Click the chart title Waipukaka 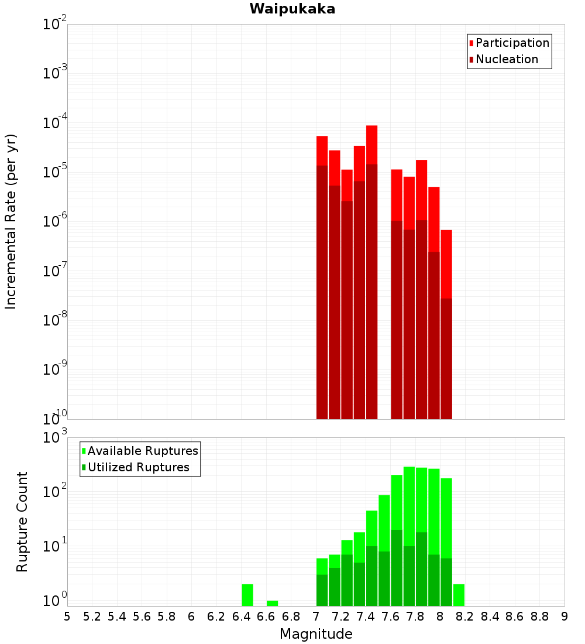pyautogui.click(x=292, y=9)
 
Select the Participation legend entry pyautogui.click(x=512, y=43)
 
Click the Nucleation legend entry pyautogui.click(x=507, y=59)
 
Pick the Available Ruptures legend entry pyautogui.click(x=143, y=451)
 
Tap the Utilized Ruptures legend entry pyautogui.click(x=138, y=467)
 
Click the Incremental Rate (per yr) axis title pyautogui.click(x=11, y=221)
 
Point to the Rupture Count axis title pyautogui.click(x=22, y=521)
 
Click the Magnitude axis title pyautogui.click(x=316, y=634)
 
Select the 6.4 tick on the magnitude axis pyautogui.click(x=241, y=616)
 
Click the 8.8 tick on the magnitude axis pyautogui.click(x=539, y=616)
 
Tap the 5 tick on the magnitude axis pyautogui.click(x=67, y=616)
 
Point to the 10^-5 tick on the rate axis pyautogui.click(x=55, y=172)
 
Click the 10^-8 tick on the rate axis pyautogui.click(x=55, y=320)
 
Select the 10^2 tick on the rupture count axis pyautogui.click(x=55, y=492)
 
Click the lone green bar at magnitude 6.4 pyautogui.click(x=247, y=595)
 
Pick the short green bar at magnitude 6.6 pyautogui.click(x=272, y=603)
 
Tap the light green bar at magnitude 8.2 pyautogui.click(x=459, y=595)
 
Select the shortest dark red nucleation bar pyautogui.click(x=446, y=358)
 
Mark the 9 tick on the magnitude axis pyautogui.click(x=564, y=616)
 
